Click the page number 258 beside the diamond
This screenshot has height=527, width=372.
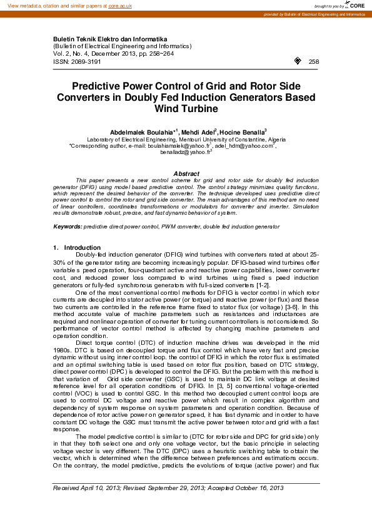coord(314,61)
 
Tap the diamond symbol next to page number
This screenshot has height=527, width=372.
coord(296,61)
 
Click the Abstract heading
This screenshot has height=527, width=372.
coord(186,173)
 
